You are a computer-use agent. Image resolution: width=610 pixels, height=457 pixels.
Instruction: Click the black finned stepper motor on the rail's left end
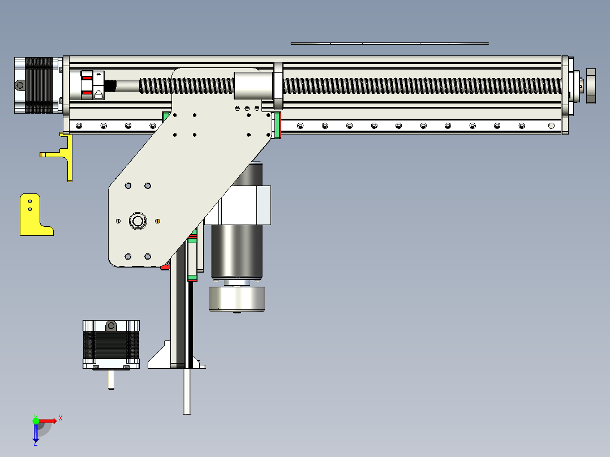click(37, 85)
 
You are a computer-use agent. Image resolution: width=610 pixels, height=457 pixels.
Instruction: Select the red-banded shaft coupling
click(88, 85)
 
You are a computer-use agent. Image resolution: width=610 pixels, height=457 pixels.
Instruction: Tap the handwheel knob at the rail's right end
click(590, 85)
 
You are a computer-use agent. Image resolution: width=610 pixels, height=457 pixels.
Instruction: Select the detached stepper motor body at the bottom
click(111, 345)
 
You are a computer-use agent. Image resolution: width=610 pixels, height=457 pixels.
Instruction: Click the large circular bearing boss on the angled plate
click(138, 221)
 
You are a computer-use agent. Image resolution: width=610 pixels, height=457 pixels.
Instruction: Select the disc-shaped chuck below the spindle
click(237, 299)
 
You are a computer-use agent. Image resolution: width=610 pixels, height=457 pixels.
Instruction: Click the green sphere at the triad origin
click(36, 421)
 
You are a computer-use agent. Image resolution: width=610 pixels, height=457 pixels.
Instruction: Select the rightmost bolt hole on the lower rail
click(551, 125)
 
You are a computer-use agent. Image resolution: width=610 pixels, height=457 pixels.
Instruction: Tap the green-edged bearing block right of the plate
click(277, 125)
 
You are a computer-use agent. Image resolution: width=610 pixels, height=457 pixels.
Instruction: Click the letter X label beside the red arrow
click(61, 418)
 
